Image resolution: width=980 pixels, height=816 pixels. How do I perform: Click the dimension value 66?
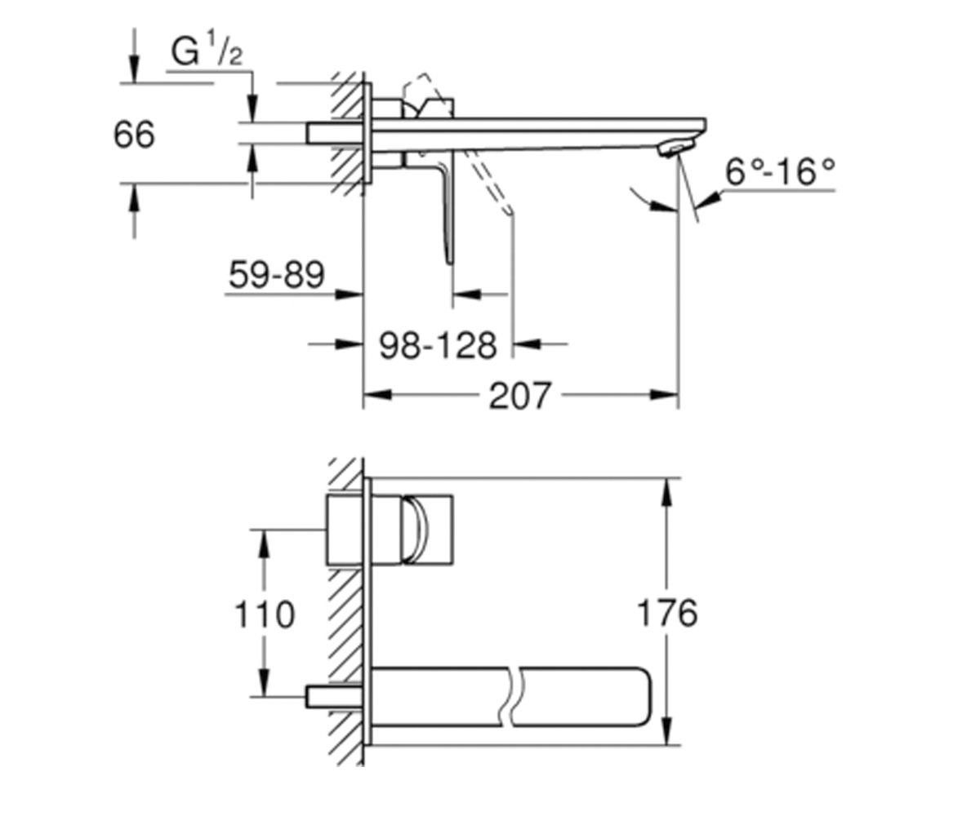[134, 135]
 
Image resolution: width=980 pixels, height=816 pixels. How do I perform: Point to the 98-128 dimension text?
[438, 346]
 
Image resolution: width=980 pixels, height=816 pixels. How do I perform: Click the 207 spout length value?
[519, 396]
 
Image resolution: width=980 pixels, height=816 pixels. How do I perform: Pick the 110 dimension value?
[265, 614]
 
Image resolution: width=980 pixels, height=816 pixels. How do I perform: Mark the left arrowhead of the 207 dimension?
[378, 395]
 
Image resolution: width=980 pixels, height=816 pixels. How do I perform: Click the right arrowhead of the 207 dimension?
[664, 395]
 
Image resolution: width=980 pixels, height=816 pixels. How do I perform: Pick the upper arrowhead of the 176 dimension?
[666, 491]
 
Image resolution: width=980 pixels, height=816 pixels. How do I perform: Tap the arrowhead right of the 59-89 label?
[350, 295]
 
